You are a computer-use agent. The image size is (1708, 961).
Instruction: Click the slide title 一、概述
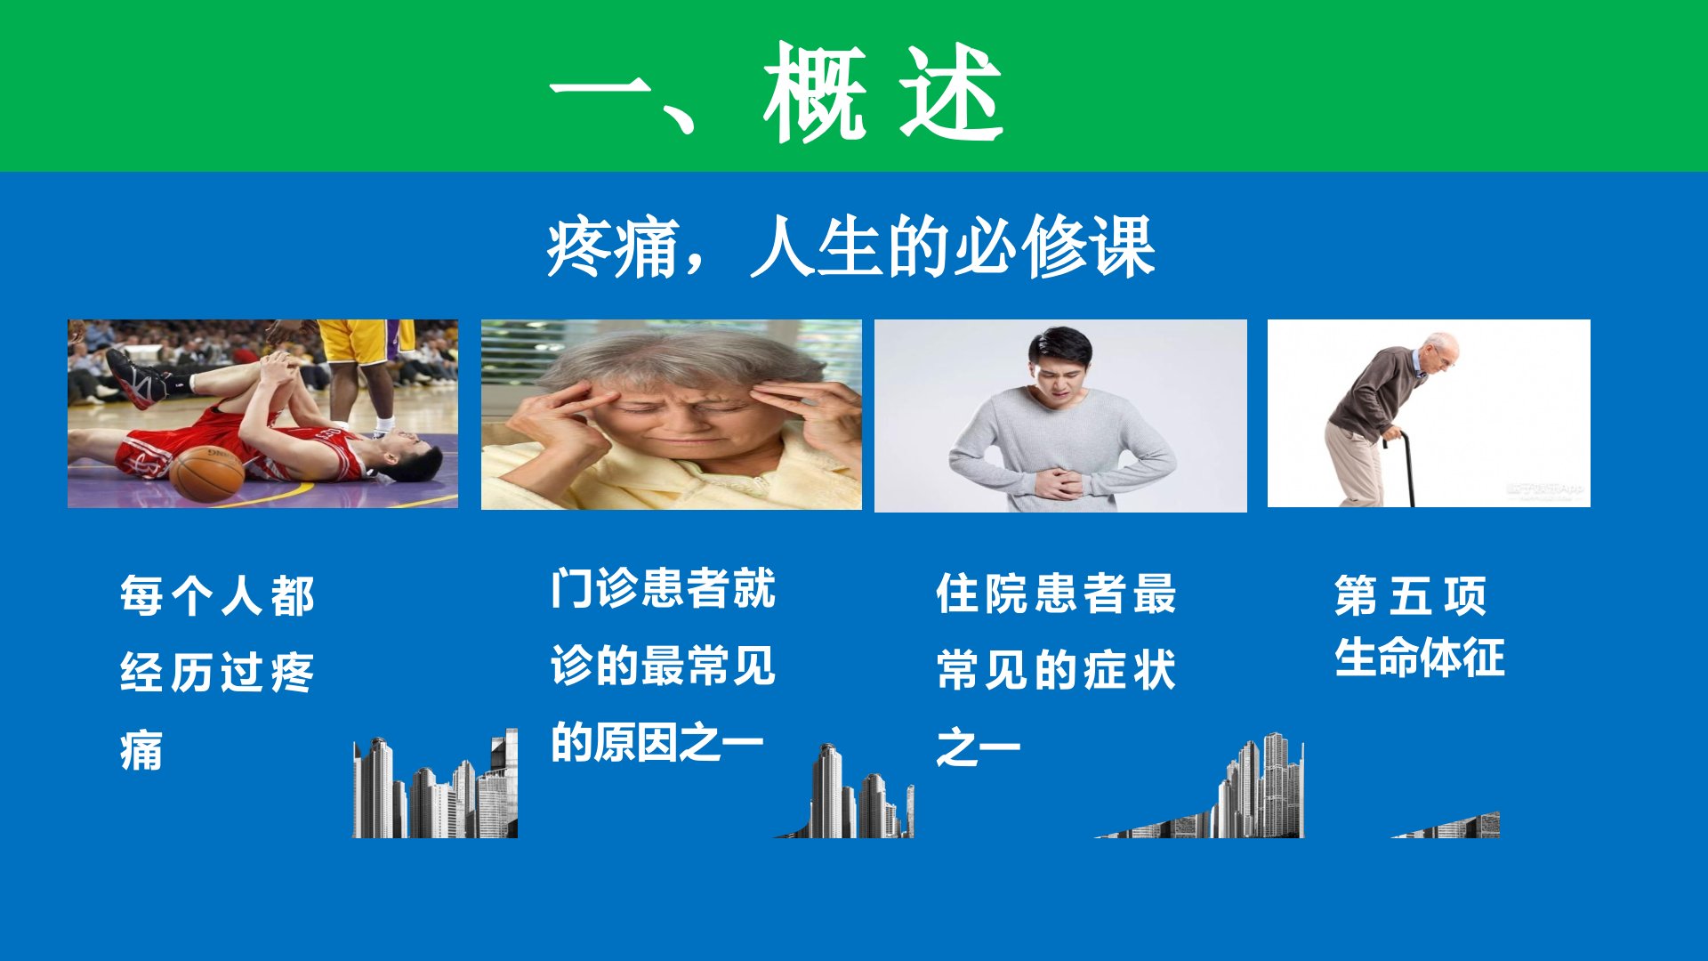click(777, 92)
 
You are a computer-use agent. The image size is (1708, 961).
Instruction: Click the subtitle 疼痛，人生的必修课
click(851, 247)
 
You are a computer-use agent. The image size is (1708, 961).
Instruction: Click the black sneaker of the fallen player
click(135, 378)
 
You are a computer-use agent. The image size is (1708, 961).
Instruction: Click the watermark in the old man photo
click(1544, 490)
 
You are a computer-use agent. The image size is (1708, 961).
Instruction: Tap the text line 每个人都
click(217, 596)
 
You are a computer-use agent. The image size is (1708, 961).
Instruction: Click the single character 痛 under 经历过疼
click(141, 750)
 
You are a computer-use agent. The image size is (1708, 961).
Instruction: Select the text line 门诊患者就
click(663, 588)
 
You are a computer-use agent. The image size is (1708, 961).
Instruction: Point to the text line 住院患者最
click(1056, 594)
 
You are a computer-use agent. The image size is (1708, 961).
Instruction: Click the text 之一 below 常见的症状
click(978, 747)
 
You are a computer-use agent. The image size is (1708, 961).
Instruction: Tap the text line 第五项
click(1410, 595)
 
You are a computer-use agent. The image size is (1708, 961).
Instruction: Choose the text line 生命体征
click(1419, 658)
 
